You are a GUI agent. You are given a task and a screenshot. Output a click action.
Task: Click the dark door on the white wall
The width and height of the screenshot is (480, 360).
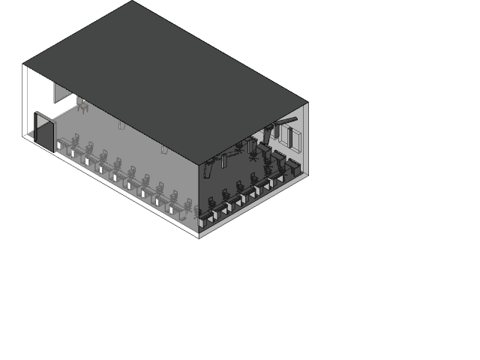tap(44, 132)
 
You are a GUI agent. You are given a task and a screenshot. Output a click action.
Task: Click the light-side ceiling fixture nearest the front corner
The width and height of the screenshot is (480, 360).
tap(163, 149)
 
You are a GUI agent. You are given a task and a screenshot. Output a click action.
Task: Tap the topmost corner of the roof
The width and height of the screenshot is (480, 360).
tap(133, 1)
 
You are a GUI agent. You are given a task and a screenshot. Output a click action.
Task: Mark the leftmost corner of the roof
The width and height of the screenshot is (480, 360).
tap(23, 64)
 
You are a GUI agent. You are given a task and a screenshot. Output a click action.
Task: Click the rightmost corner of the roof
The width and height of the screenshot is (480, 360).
tap(307, 103)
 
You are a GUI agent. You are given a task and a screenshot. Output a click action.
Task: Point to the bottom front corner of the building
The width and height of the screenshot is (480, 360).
tap(199, 237)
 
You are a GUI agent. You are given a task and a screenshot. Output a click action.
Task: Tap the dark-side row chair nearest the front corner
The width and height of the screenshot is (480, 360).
tap(212, 202)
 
